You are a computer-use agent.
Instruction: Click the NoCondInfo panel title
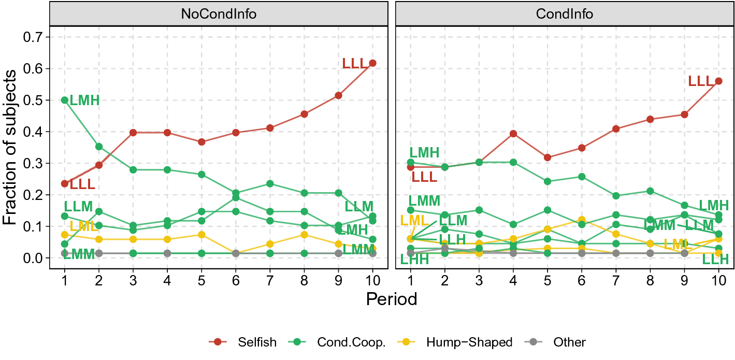tap(218, 14)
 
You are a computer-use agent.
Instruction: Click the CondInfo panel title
tap(564, 14)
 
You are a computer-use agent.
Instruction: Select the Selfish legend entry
tap(257, 342)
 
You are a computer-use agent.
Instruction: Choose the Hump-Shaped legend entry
tap(469, 342)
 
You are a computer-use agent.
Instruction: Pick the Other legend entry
tap(569, 342)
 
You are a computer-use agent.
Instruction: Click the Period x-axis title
tap(391, 299)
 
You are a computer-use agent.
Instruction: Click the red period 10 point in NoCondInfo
tap(372, 63)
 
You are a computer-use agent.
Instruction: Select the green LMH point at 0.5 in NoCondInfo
tap(65, 100)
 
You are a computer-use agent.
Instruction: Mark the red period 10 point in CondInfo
tap(718, 81)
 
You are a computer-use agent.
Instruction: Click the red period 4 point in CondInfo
tap(513, 134)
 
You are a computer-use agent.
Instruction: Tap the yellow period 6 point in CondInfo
tap(582, 220)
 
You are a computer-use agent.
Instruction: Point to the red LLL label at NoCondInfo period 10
tap(355, 64)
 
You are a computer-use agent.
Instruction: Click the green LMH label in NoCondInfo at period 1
tap(84, 100)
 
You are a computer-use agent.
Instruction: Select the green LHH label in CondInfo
tap(414, 260)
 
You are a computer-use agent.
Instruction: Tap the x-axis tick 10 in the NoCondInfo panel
tap(372, 281)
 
